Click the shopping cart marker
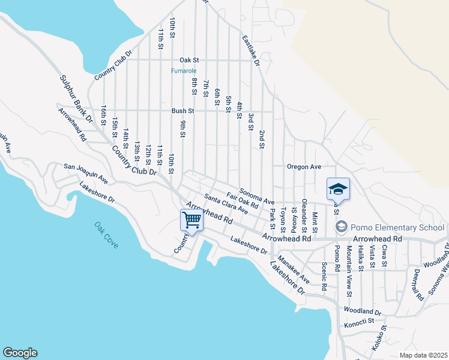click(191, 220)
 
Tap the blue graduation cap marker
click(338, 189)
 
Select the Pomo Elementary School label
click(397, 227)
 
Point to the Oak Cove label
click(106, 235)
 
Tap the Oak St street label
click(189, 60)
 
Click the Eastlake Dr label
click(250, 50)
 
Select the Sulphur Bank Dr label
click(77, 99)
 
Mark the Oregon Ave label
click(304, 166)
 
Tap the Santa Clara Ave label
click(226, 204)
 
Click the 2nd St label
click(262, 139)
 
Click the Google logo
click(20, 353)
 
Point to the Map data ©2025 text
click(423, 355)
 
